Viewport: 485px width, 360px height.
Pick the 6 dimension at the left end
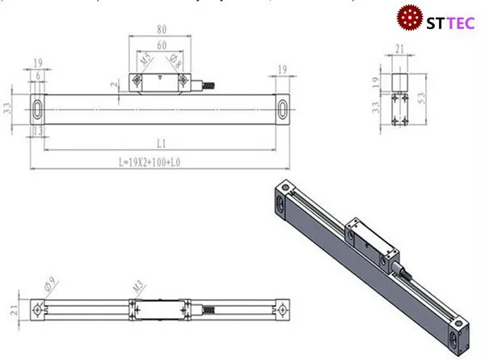pyautogui.click(x=38, y=76)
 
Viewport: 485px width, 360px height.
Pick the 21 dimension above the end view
pyautogui.click(x=399, y=50)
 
